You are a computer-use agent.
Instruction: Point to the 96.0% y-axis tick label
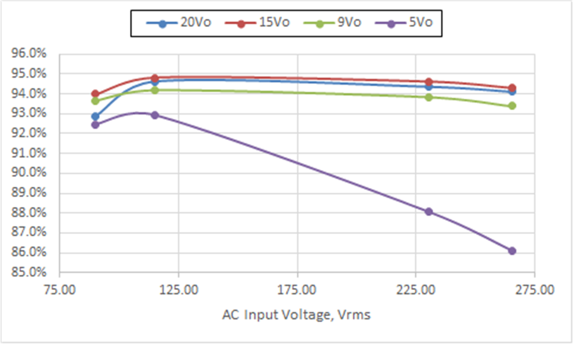click(29, 54)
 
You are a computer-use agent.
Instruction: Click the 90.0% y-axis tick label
click(29, 173)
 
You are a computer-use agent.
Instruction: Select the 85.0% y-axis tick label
click(29, 272)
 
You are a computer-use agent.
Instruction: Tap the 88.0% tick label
click(29, 213)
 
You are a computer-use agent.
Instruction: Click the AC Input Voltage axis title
click(296, 315)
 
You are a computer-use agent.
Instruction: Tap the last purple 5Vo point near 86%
click(512, 251)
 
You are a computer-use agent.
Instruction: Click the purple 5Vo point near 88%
click(429, 212)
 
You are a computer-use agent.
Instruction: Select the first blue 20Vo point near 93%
click(95, 117)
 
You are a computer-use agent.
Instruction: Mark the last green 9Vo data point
click(512, 106)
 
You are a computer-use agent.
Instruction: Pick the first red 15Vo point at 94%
click(95, 94)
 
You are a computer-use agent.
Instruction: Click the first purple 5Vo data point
click(95, 125)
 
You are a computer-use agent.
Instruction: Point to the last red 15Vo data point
click(512, 88)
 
